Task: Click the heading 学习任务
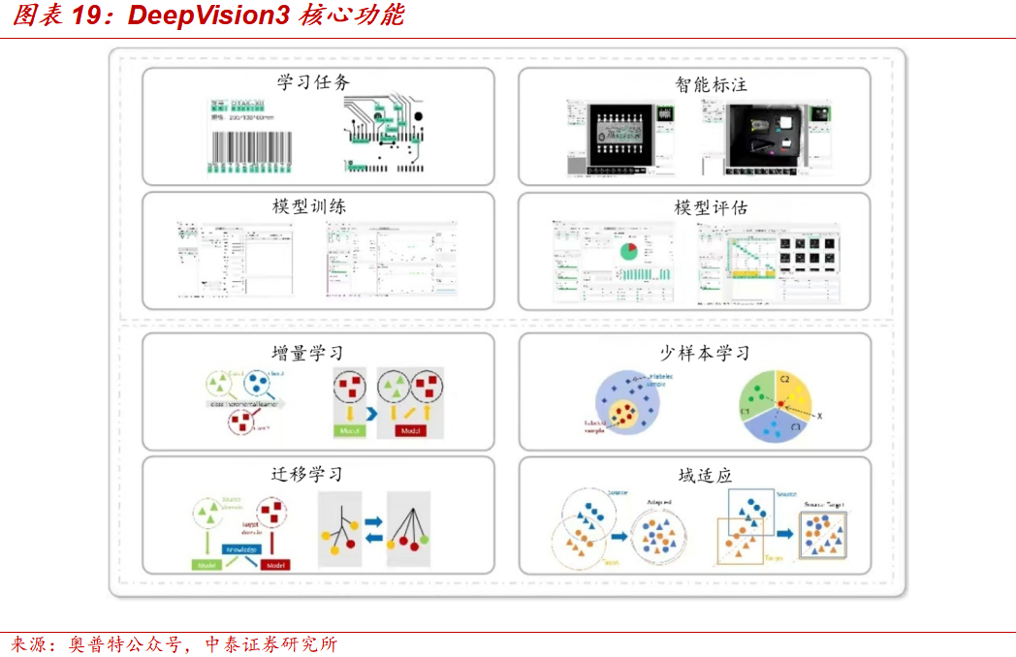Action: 313,82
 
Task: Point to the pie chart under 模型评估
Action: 627,250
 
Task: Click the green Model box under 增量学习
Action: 348,430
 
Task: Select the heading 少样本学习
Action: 705,353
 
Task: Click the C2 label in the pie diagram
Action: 786,377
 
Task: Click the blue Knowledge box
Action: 242,549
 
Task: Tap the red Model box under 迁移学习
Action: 275,565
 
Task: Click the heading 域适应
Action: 705,475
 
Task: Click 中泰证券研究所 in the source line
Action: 271,643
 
